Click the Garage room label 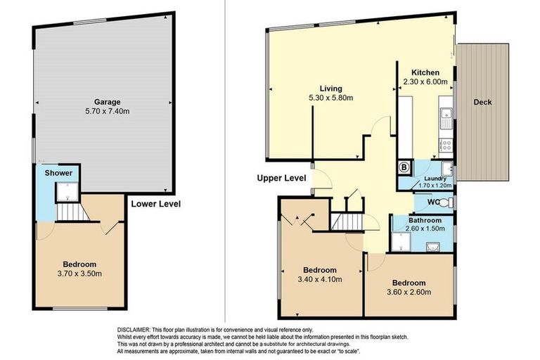click(108, 102)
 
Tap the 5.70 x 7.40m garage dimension click(108, 111)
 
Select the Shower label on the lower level click(58, 173)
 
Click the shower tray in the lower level click(67, 191)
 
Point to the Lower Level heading click(155, 204)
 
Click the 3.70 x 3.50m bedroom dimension click(79, 274)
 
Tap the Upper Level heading click(281, 178)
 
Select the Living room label click(331, 89)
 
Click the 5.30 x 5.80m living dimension click(331, 98)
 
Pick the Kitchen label click(425, 72)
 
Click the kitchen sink click(446, 118)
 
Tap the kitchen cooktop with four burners click(446, 145)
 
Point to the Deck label click(482, 102)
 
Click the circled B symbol click(405, 168)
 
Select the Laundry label click(435, 179)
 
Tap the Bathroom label click(425, 220)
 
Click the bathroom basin click(432, 247)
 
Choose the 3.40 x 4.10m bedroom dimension click(320, 279)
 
